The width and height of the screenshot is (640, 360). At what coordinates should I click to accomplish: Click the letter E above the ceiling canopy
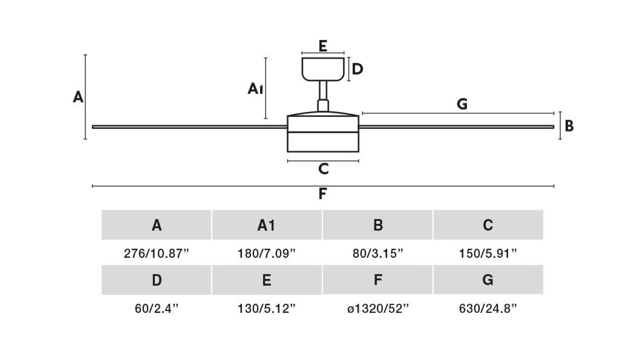pos(323,46)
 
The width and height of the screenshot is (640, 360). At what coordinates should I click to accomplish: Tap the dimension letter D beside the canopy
pos(357,69)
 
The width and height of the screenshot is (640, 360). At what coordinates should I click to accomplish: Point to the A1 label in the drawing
pos(255,88)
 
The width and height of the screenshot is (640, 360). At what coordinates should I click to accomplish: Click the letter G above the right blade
pos(462,104)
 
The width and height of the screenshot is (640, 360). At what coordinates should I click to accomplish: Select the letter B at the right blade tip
pos(569,126)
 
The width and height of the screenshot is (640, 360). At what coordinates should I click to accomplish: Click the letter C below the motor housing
pos(323,169)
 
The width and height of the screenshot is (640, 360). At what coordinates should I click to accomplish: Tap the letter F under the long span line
pos(322,194)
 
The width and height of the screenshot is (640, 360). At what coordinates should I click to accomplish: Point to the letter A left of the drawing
pos(78,97)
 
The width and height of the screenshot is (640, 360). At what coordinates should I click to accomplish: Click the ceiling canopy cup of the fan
pos(323,69)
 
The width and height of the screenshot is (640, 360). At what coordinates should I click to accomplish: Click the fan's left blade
pos(190,127)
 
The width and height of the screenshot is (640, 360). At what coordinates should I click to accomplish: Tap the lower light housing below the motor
pos(323,142)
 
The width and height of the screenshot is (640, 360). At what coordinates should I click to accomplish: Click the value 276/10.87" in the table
pos(157,254)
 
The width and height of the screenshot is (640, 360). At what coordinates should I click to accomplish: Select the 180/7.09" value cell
pos(267,254)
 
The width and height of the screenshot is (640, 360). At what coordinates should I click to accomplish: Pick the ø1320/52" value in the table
pos(378,309)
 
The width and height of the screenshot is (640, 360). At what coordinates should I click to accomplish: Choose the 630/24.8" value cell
pos(488,309)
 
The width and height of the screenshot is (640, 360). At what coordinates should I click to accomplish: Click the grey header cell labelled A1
pos(267,225)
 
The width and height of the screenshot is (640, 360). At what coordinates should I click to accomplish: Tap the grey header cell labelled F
pos(377,280)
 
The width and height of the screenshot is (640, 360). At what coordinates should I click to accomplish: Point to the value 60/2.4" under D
pos(157,309)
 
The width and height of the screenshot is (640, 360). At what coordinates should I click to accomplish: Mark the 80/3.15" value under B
pos(378,254)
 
